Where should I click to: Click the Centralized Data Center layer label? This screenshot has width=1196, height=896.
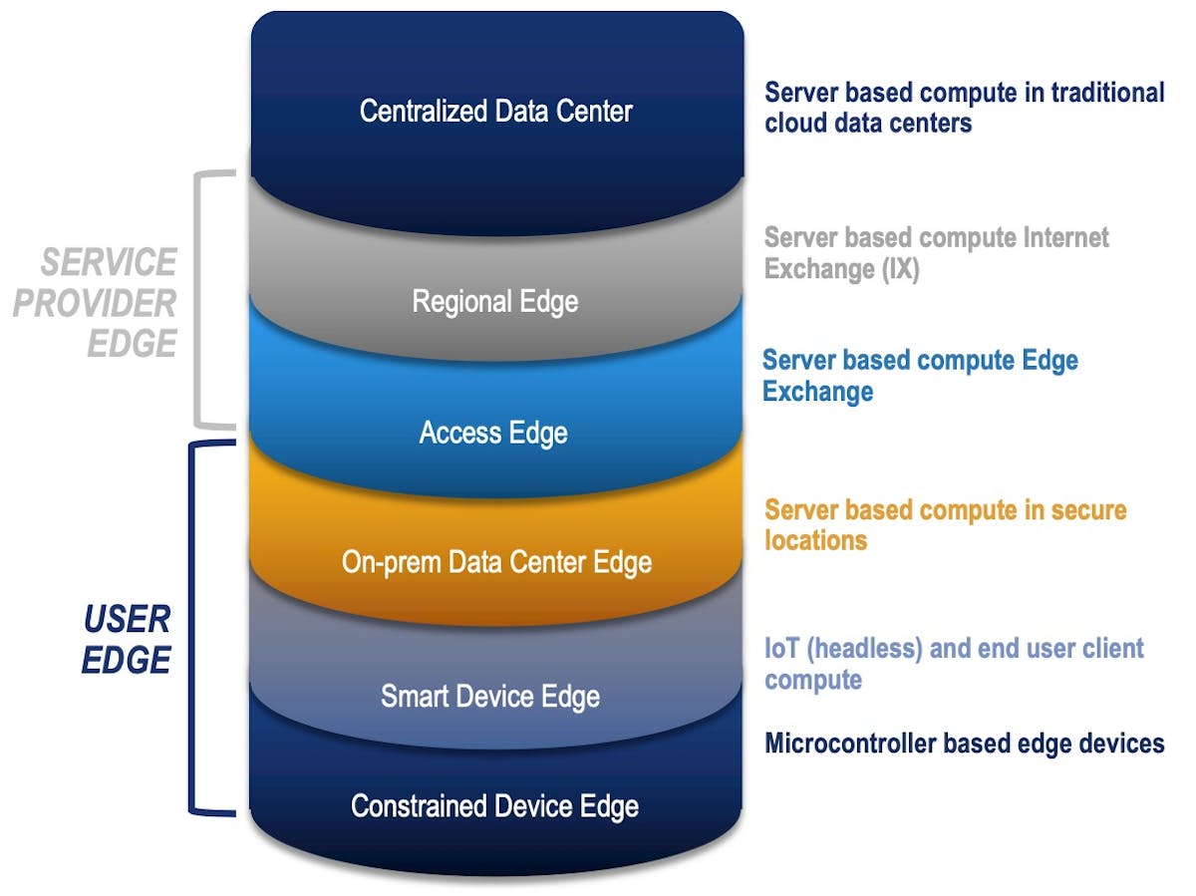coord(495,111)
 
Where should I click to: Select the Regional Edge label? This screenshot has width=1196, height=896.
coord(495,301)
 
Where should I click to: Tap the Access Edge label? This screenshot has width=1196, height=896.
coord(493,433)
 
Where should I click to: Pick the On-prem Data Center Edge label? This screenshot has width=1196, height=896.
coord(496,562)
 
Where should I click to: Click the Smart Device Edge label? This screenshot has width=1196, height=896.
coord(490,696)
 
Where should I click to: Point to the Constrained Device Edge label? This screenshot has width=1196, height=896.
coord(494,805)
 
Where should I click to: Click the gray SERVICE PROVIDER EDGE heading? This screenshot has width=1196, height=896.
coord(97,302)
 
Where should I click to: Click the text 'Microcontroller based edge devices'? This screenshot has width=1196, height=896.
coord(964,744)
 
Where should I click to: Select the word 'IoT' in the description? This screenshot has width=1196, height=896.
coord(780,649)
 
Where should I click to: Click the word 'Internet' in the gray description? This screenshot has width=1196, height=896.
coord(1056,238)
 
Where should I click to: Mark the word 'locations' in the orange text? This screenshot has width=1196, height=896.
coord(815,540)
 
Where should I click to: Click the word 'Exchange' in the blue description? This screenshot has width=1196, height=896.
coord(817,391)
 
